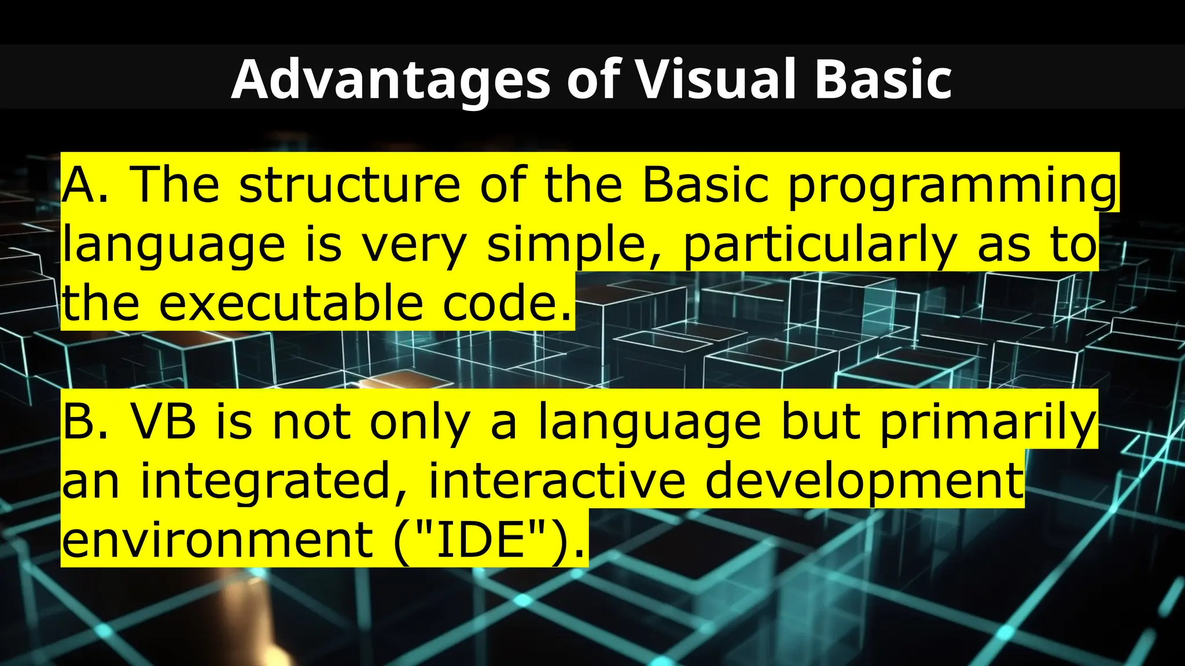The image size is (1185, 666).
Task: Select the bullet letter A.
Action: click(x=79, y=185)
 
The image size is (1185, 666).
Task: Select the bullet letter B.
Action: click(x=78, y=422)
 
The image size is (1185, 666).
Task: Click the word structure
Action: click(x=349, y=185)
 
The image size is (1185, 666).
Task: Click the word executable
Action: click(x=291, y=304)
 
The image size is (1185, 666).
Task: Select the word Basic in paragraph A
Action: click(x=705, y=185)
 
